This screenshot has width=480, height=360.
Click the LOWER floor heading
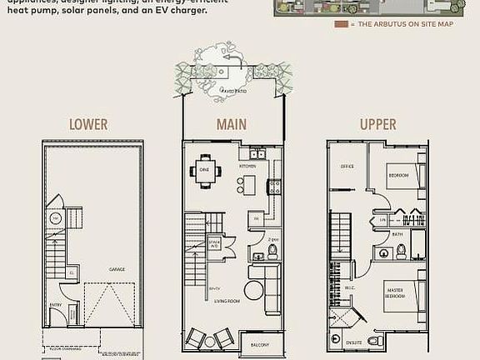click(88, 125)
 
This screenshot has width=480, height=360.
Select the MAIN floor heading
click(231, 125)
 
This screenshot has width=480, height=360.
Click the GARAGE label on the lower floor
click(117, 269)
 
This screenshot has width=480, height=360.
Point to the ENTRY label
click(56, 305)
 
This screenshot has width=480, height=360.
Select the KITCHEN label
click(248, 167)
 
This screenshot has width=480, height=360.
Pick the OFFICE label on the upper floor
click(347, 167)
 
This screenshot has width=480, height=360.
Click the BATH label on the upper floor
click(397, 235)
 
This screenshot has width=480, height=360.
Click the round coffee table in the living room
click(253, 293)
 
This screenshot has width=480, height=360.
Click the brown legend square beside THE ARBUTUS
click(339, 24)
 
